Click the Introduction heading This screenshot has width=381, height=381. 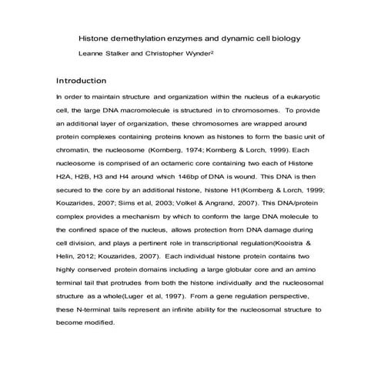click(82, 81)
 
